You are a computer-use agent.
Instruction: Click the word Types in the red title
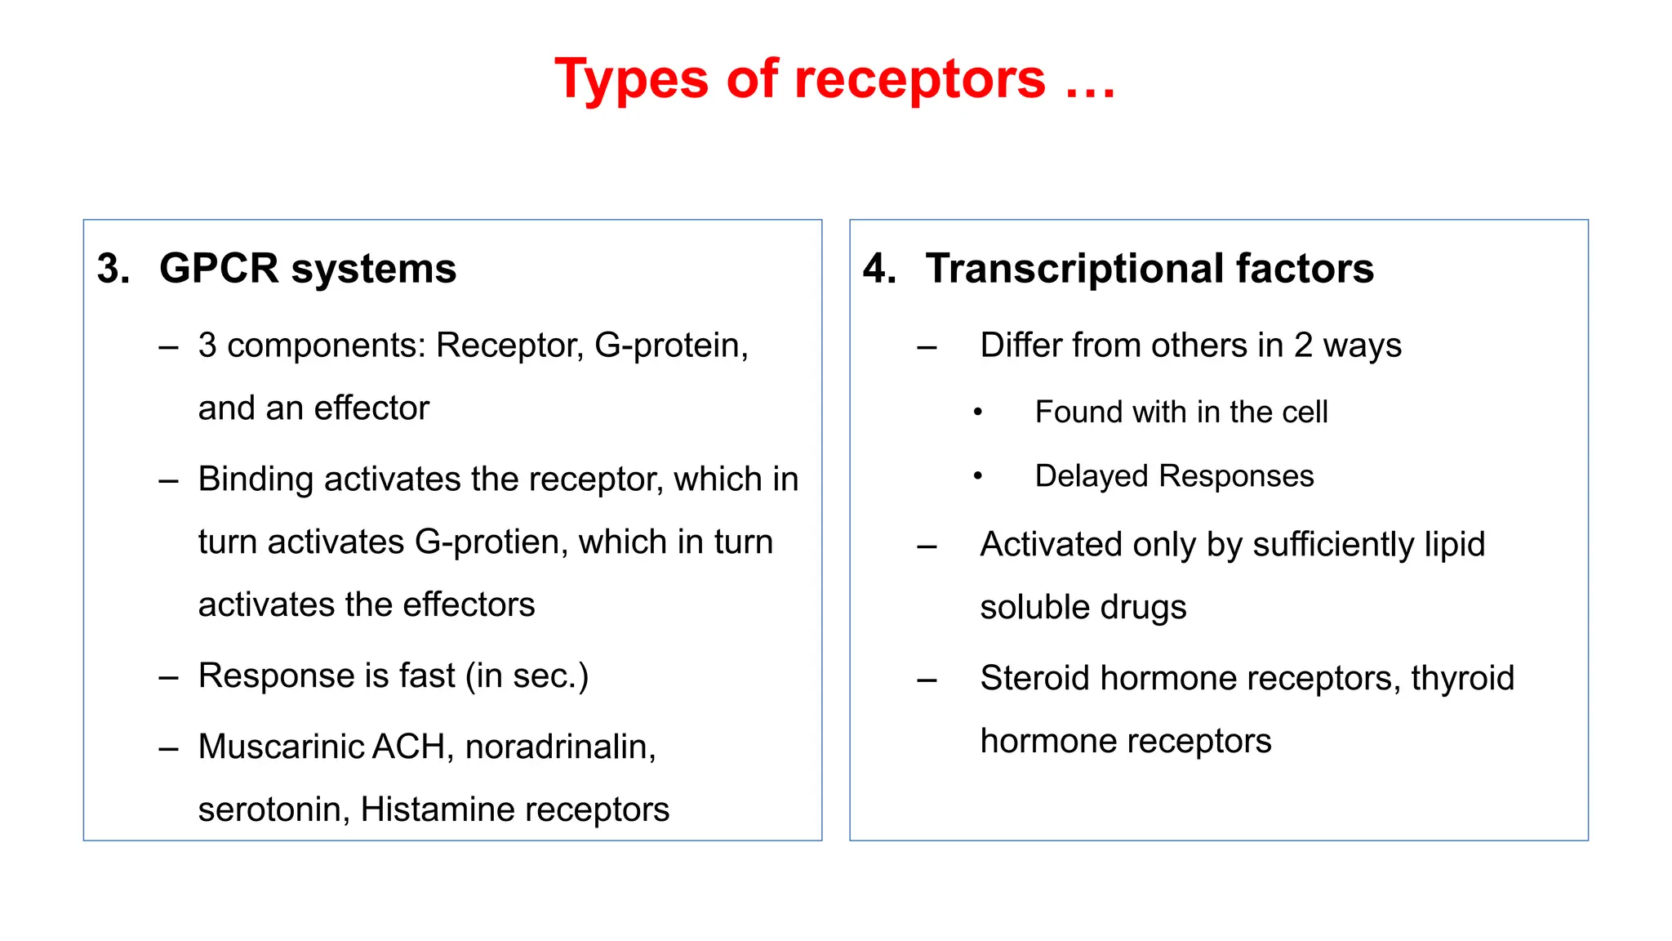(x=631, y=80)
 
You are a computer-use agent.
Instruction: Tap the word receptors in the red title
(x=919, y=80)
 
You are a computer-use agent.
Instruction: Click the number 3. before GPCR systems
(x=113, y=269)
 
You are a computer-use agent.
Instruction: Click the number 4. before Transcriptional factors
(x=879, y=269)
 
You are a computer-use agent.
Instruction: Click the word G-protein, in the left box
(x=671, y=346)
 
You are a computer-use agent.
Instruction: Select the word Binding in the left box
(x=256, y=479)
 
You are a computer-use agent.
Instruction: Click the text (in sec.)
(x=527, y=676)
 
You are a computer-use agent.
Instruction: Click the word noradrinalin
(x=560, y=747)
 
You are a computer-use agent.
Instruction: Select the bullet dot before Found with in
(x=977, y=413)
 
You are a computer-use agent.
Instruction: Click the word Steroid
(x=1034, y=678)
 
